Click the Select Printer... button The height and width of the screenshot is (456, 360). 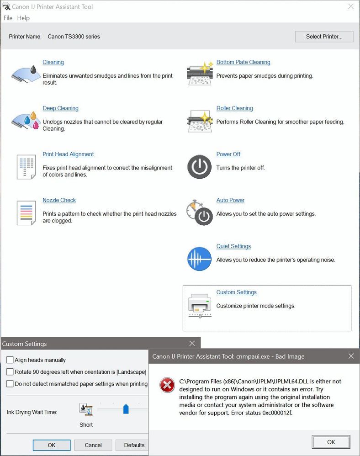tap(324, 37)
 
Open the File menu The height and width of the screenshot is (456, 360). tap(8, 18)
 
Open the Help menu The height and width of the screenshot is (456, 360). tap(23, 18)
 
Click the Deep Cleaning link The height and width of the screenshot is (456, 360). tap(60, 108)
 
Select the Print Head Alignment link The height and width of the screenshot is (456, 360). tap(68, 154)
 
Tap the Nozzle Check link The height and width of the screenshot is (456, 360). tap(59, 200)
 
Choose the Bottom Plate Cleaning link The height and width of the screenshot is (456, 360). tap(243, 62)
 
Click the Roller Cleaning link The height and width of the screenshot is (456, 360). tap(234, 108)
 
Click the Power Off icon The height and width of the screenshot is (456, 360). tap(199, 167)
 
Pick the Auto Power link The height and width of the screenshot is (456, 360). tap(230, 200)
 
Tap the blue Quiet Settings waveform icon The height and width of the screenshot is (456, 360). tap(199, 259)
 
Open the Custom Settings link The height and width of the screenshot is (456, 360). tap(236, 292)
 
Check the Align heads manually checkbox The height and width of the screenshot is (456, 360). tap(10, 360)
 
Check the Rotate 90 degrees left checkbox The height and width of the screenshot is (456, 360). tap(10, 372)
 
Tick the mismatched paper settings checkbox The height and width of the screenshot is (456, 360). tap(10, 384)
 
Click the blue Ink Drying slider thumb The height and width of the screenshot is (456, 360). tap(126, 409)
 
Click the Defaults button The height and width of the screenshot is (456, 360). tap(134, 445)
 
